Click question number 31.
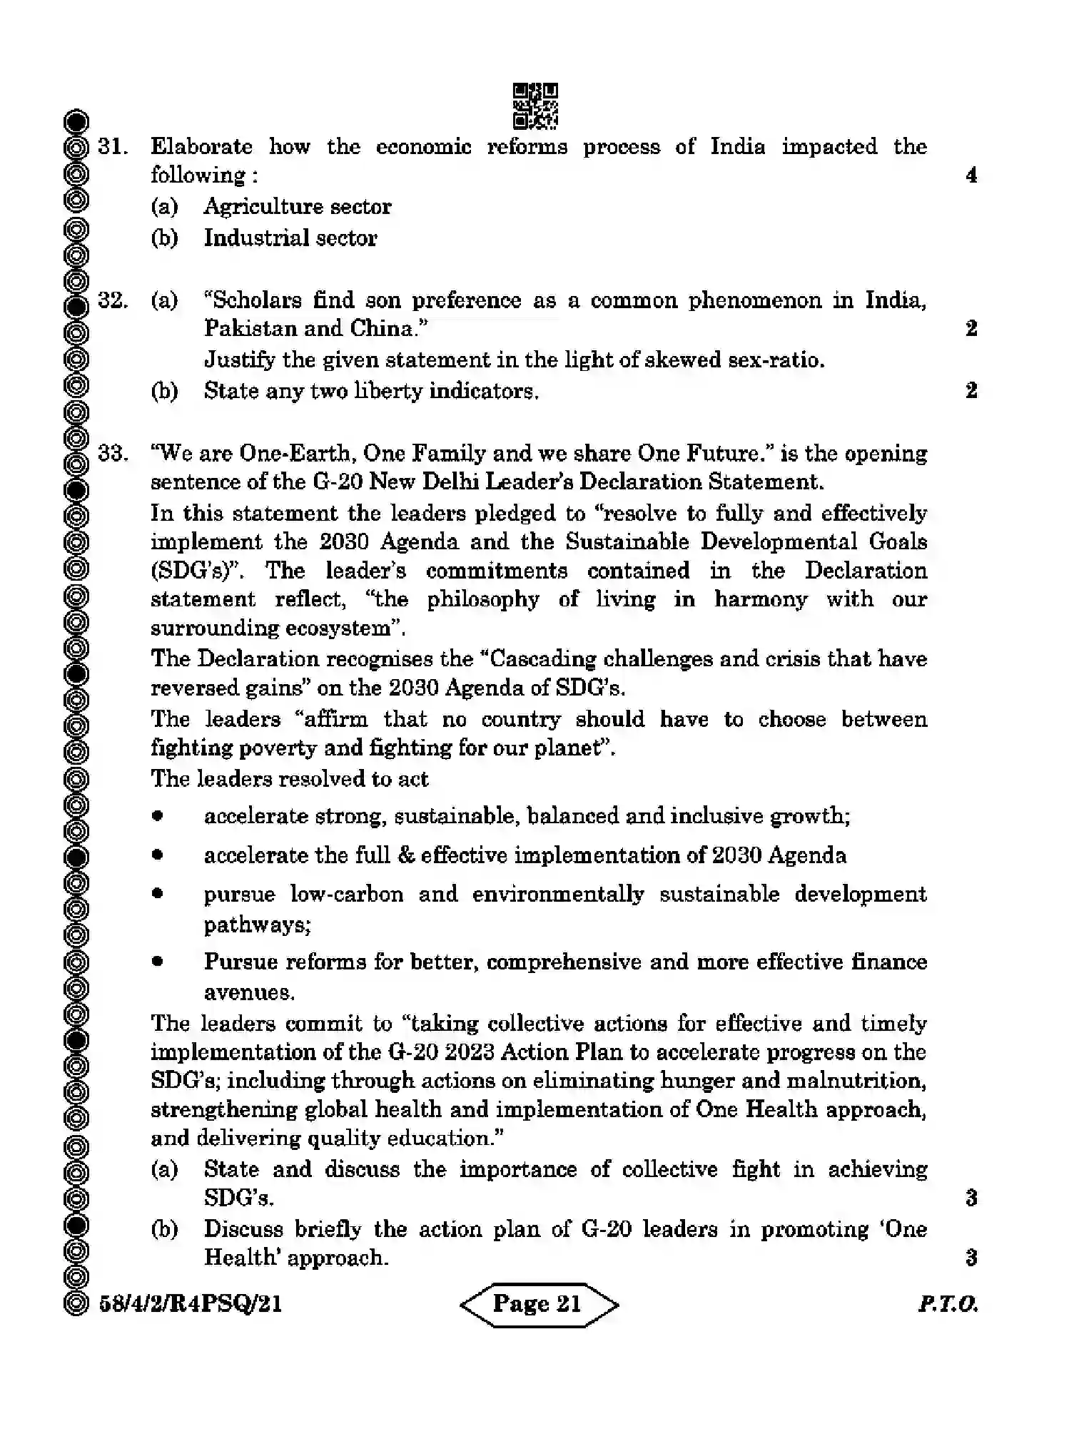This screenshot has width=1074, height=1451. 113,147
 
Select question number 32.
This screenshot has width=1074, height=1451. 113,300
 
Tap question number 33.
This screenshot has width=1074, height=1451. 113,454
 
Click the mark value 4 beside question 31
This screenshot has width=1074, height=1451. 971,175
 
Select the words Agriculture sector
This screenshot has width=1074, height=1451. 297,207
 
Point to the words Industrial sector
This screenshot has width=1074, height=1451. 290,238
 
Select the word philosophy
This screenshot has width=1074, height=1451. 483,600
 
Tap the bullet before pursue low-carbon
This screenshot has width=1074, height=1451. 157,894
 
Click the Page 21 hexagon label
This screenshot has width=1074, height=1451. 538,1304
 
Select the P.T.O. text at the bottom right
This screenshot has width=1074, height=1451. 948,1305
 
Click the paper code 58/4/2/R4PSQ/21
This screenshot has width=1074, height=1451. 191,1305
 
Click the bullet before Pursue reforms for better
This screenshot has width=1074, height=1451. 157,962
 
